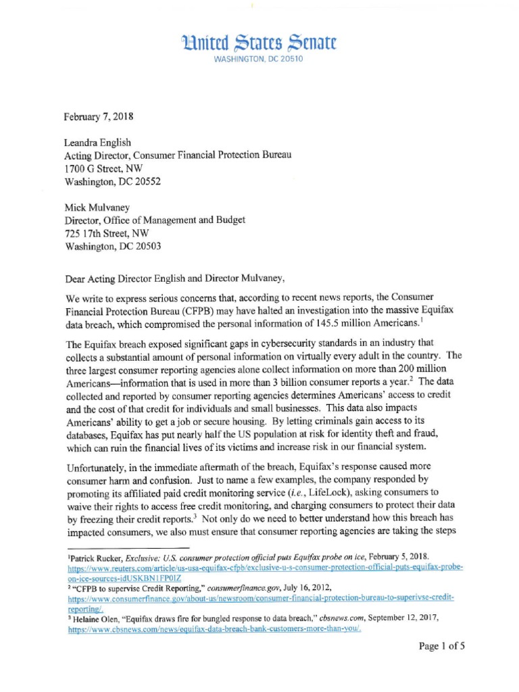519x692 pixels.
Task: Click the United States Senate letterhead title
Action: tap(259, 44)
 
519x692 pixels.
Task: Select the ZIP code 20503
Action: tap(147, 247)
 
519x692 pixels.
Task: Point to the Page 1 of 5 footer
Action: tap(442, 646)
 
